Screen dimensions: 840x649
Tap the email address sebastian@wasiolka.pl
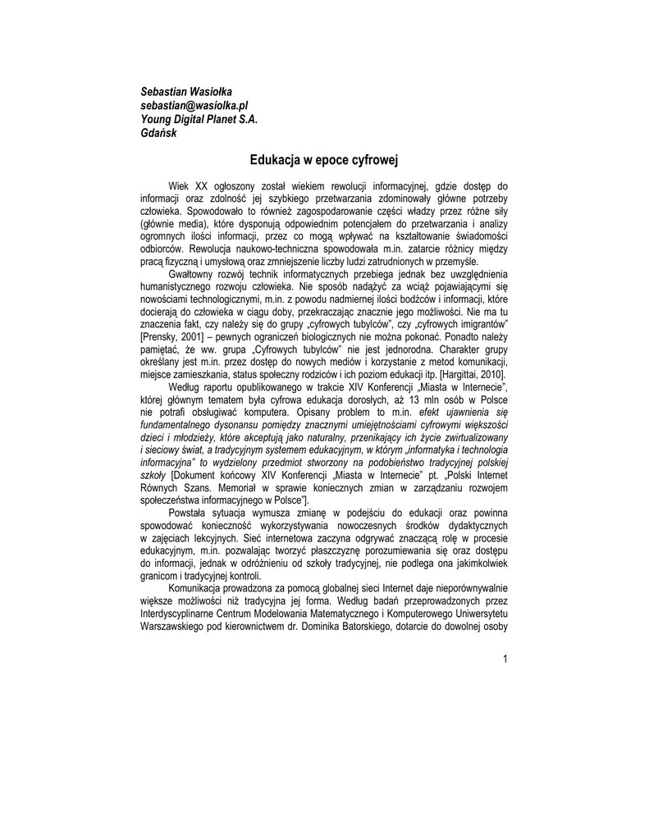[194, 105]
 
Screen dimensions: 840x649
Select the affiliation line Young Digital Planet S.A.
[199, 119]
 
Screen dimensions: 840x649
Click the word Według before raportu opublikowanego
[186, 386]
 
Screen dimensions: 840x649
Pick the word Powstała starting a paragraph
[189, 511]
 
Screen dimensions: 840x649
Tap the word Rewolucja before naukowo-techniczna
[213, 248]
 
